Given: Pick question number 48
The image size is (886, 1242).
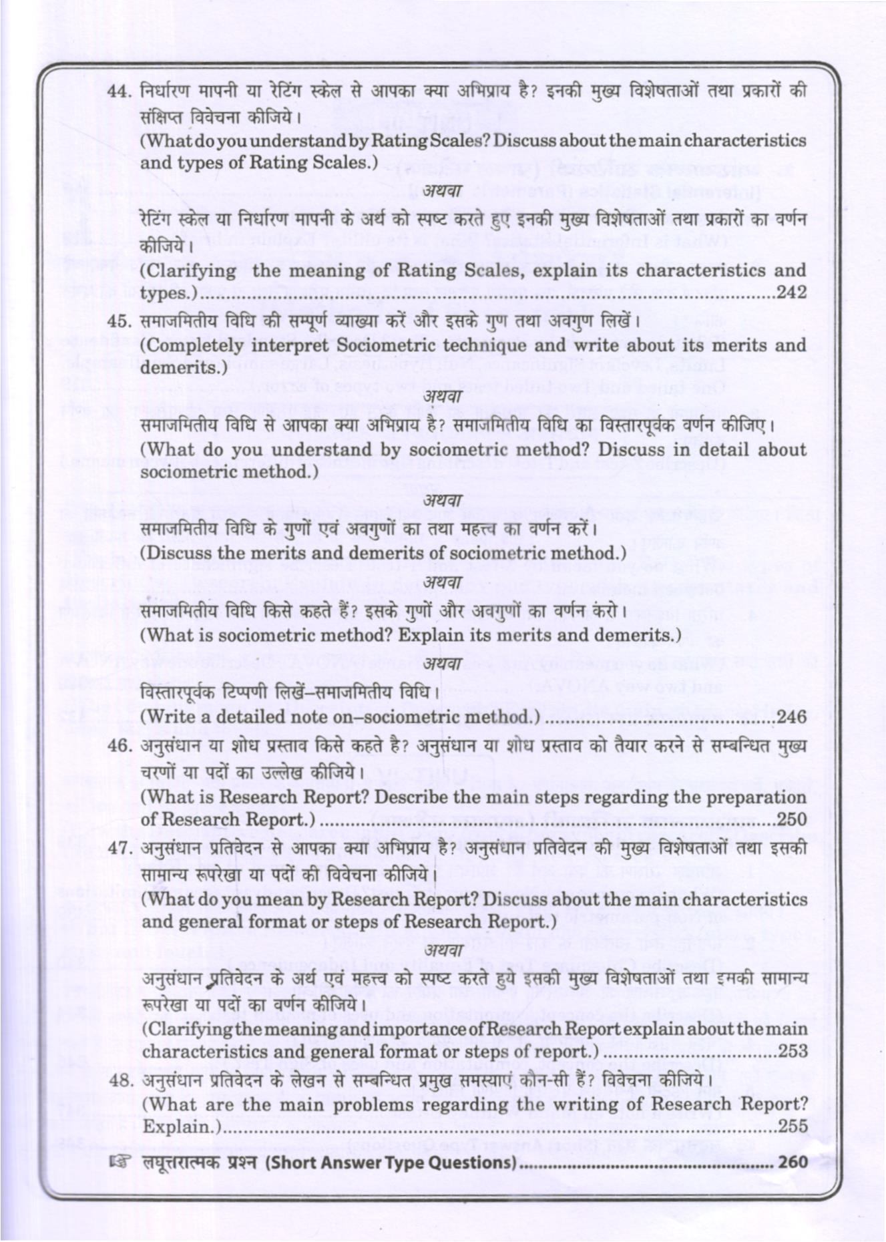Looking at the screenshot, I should pyautogui.click(x=120, y=1080).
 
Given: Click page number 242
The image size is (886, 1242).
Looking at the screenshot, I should pyautogui.click(x=792, y=292).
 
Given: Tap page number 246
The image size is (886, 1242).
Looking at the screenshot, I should pyautogui.click(x=792, y=718).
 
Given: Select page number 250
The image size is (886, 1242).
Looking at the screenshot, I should pyautogui.click(x=792, y=819).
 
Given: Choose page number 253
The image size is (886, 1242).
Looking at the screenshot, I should pyautogui.click(x=793, y=1051).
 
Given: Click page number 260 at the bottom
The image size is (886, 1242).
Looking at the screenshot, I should pyautogui.click(x=793, y=1163).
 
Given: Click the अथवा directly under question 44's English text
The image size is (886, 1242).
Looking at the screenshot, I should pyautogui.click(x=443, y=190).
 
